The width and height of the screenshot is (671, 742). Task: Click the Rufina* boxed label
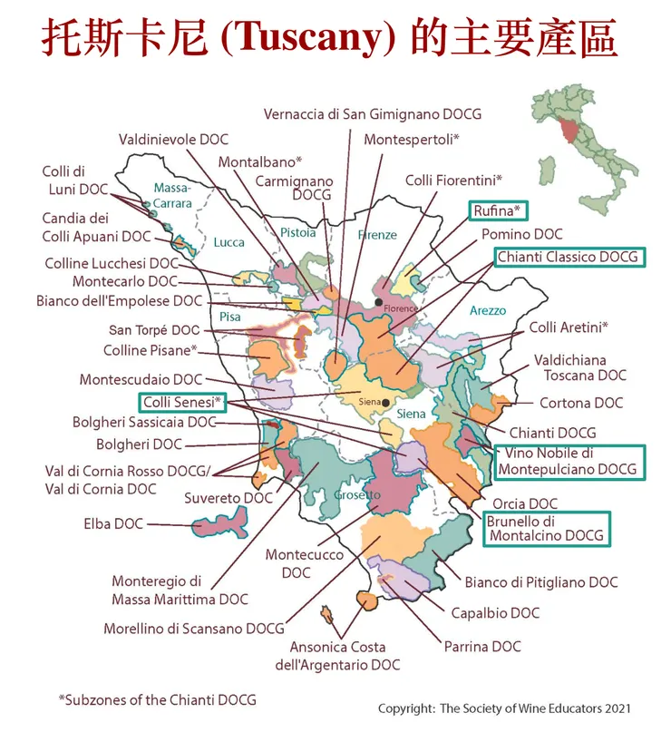coord(498,211)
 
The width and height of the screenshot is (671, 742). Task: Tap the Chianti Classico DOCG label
coord(569,257)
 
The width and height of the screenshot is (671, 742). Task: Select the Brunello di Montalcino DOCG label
coord(547,528)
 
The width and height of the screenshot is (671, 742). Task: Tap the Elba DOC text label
coord(113,523)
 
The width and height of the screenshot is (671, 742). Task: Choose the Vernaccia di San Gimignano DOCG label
coord(373,114)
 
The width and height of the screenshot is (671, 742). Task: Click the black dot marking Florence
coord(379,301)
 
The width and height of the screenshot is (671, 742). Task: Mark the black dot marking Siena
coord(386,402)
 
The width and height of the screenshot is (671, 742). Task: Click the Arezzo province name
coord(488,310)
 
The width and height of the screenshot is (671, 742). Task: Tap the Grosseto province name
coord(352,495)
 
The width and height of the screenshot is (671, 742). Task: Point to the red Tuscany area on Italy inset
coord(569,131)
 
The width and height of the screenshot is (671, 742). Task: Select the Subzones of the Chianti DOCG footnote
coord(158,699)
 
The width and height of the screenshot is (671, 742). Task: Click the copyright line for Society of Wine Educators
coord(504,708)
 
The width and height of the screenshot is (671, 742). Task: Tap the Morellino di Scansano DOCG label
coord(194,628)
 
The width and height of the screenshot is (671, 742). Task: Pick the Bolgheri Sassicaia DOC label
coord(144,423)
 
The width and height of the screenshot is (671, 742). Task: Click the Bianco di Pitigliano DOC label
coord(541,581)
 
